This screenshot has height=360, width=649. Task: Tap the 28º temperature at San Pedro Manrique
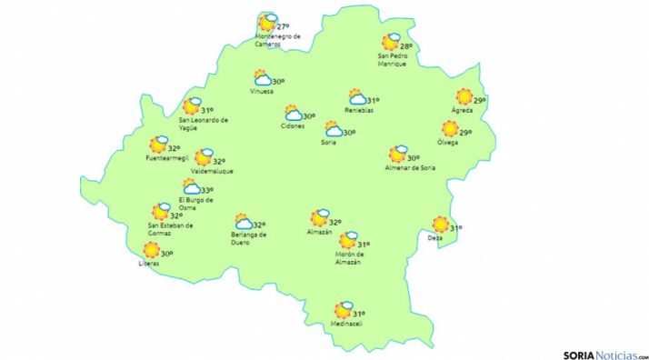click(405, 45)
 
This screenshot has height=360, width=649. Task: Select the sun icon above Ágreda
click(464, 97)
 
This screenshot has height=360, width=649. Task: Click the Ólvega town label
click(447, 143)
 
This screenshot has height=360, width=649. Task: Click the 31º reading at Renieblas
click(373, 100)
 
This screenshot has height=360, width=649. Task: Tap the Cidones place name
click(293, 126)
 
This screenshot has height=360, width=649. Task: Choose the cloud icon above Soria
click(334, 130)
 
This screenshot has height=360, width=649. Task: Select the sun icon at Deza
click(441, 224)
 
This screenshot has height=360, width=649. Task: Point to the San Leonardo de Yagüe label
click(203, 124)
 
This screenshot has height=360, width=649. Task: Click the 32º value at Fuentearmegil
click(174, 148)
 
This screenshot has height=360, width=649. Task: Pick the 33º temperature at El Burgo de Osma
click(207, 190)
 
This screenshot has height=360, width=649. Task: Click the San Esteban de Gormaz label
click(170, 229)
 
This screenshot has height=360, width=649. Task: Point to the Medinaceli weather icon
click(343, 310)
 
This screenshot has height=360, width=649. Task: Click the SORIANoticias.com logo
click(604, 350)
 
